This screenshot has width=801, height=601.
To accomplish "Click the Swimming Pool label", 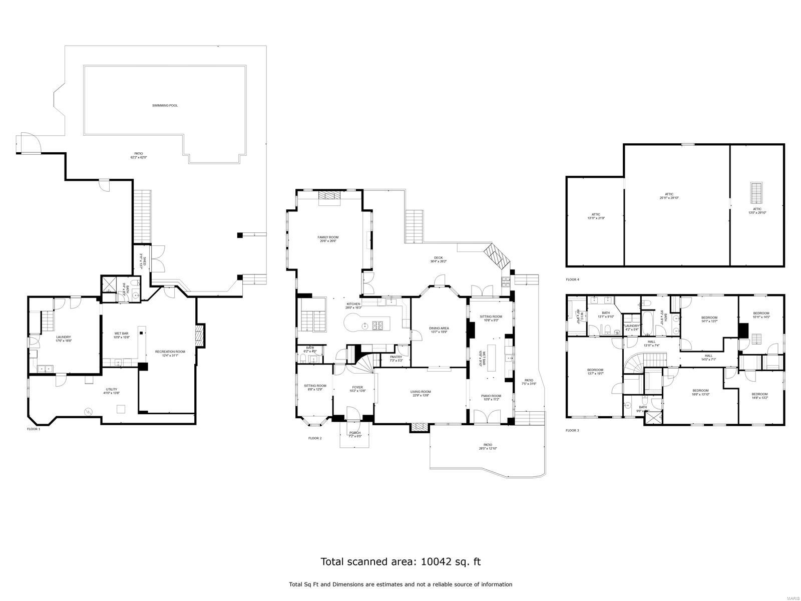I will point(165,106).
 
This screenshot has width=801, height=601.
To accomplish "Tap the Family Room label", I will point(328,237).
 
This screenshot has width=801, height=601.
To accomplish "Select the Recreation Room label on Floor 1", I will point(170,352).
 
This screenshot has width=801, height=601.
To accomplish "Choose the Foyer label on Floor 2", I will point(357,387).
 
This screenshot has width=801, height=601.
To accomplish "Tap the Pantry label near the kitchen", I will point(396,357).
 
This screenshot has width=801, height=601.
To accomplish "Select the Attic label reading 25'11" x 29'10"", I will point(669,194).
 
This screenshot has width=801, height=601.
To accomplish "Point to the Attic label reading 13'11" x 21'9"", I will point(596,214).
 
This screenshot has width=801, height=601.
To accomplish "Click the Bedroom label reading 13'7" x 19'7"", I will point(595,370).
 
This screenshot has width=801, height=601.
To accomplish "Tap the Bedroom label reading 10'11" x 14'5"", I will point(761,314).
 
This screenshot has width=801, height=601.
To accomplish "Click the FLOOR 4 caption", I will point(572,279).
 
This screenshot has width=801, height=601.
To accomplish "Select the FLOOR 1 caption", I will point(34,429).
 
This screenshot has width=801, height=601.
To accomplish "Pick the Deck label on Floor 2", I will point(438,258).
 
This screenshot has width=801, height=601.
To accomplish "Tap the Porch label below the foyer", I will point(354,433).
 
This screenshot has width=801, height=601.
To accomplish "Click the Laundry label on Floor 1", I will point(63,337).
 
